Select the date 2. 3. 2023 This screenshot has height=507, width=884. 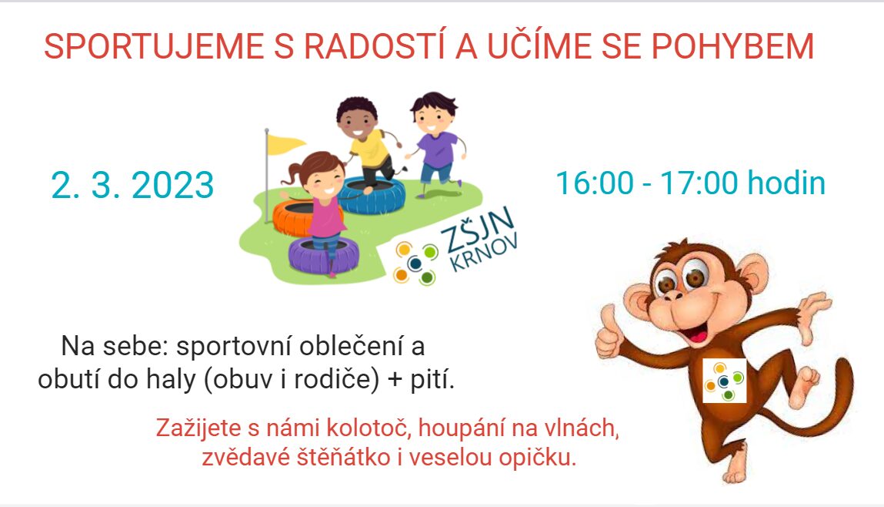tap(132, 185)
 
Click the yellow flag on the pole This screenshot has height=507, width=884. tap(285, 145)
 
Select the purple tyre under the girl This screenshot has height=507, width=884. tap(324, 256)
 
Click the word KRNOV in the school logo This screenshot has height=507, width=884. tap(484, 253)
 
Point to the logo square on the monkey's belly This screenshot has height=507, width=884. tap(725, 381)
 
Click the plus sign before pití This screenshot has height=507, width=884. tap(395, 380)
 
